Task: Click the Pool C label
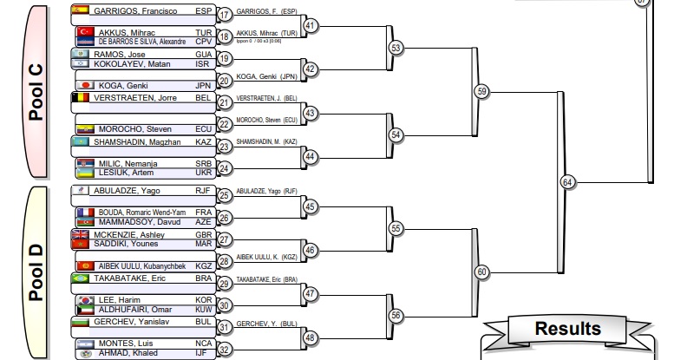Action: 36,91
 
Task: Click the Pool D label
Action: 36,271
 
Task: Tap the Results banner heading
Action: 567,329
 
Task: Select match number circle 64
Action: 567,182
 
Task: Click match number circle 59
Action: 482,90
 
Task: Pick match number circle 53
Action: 396,48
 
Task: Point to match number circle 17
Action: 225,15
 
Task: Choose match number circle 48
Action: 311,337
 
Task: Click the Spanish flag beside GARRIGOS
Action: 80,10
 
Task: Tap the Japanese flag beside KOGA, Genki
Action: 86,85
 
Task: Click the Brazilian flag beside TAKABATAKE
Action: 80,278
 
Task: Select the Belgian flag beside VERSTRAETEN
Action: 80,98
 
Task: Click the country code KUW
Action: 204,309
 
